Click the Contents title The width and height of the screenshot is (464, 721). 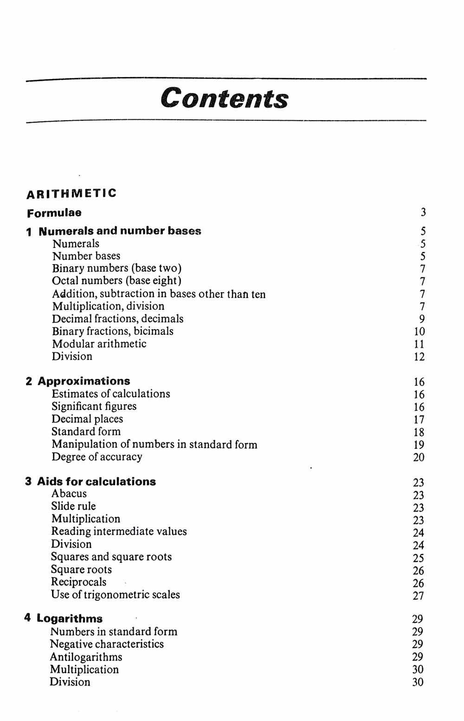pos(225,98)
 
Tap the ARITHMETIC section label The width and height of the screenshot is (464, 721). pos(71,193)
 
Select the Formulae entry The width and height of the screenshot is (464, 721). pos(54,213)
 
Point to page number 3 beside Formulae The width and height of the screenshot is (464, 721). pos(423,213)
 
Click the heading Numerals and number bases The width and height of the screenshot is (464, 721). pos(120,231)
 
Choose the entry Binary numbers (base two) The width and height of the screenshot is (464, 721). pos(117,268)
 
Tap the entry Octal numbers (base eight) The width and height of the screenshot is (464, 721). pos(117,281)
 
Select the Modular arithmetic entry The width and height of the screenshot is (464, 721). pos(99,344)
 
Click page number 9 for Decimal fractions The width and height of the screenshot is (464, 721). pos(422,319)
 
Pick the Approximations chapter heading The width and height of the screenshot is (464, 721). pos(84,381)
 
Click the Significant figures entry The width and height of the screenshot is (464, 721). pos(94,407)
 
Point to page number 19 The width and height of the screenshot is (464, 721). pos(419,445)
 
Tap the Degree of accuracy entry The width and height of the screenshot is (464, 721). pos(97,457)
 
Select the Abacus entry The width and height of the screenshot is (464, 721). pos(69,494)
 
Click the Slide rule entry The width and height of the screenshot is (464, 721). pos(73,507)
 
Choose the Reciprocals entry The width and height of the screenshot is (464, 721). pos(79,582)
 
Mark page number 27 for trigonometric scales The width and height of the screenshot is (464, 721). pos(418,596)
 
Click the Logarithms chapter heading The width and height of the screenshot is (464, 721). pos(70,619)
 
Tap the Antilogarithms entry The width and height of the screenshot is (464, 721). pos(86,657)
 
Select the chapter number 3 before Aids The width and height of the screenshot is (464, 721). pos(28,481)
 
